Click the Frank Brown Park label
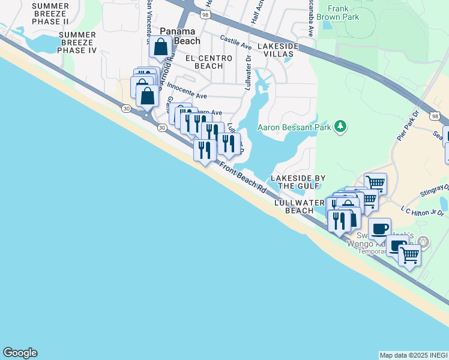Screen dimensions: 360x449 click(x=343, y=13)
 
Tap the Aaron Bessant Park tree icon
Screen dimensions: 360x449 click(x=340, y=126)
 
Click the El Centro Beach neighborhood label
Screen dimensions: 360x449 click(x=205, y=62)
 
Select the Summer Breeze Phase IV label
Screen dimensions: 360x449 click(x=76, y=43)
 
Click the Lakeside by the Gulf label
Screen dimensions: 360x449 click(x=298, y=182)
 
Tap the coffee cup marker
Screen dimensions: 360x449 click(x=379, y=229)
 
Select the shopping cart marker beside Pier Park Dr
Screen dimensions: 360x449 click(x=375, y=182)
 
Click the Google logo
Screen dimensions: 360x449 click(x=20, y=353)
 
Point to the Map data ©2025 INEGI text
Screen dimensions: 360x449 click(x=413, y=355)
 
